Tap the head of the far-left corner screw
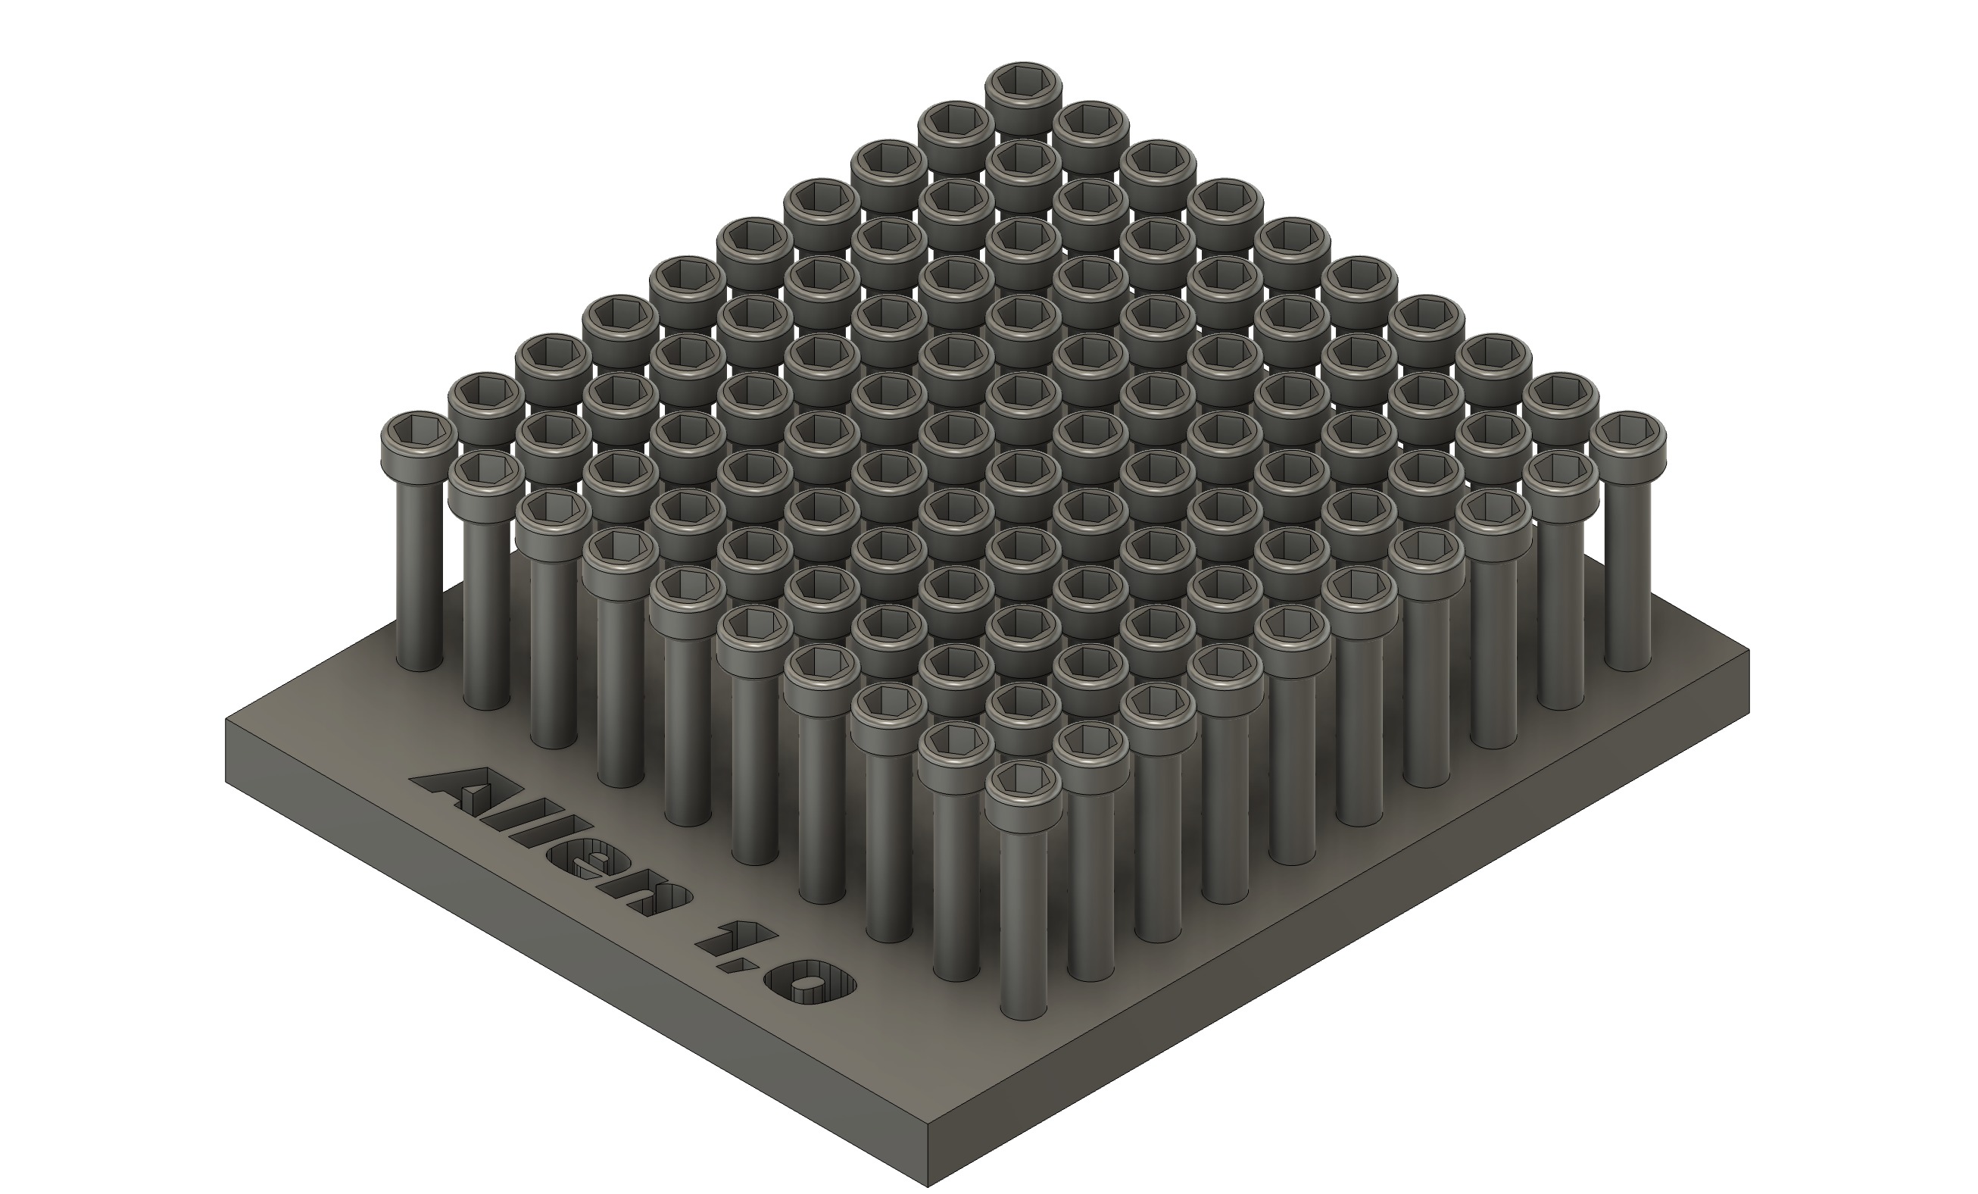pos(418,438)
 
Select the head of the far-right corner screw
pos(1627,438)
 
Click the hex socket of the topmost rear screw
pos(1024,81)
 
